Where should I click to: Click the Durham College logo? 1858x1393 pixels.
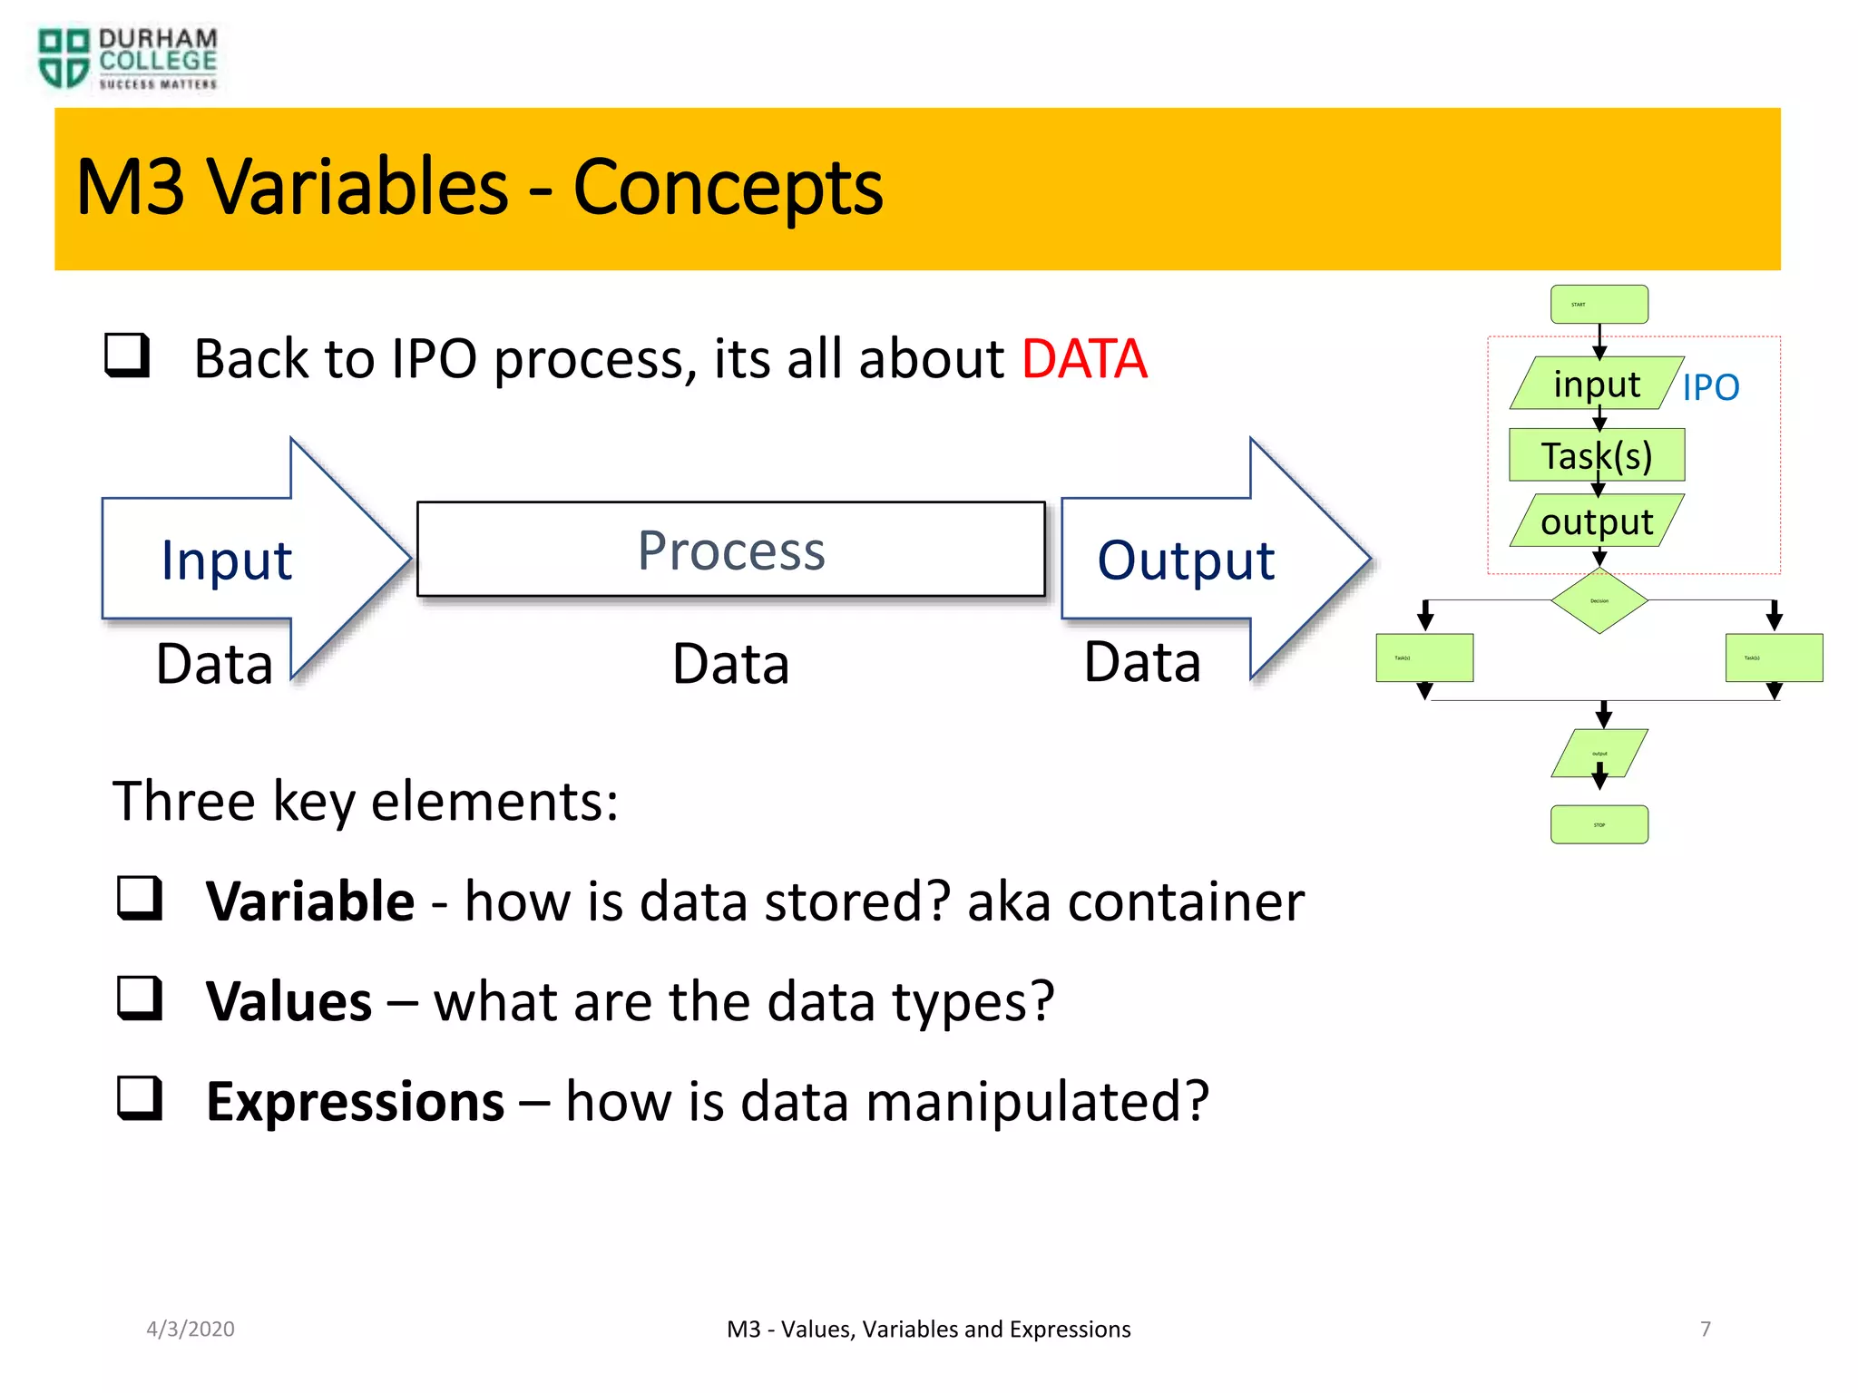click(127, 59)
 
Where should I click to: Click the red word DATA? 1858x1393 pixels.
click(1084, 358)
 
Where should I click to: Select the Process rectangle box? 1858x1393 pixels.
click(731, 550)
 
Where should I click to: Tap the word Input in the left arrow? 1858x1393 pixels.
click(226, 560)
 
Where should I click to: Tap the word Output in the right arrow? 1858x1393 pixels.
click(1186, 560)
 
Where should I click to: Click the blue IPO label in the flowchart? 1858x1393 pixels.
click(1710, 387)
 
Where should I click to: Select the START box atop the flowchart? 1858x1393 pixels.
click(1599, 305)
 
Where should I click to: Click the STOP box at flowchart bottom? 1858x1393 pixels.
click(1599, 824)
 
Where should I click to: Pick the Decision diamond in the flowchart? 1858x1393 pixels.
click(1599, 600)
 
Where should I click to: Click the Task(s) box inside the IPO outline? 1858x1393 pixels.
click(1597, 455)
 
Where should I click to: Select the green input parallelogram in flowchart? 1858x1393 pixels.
click(1597, 384)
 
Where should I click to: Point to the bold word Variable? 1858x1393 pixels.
click(310, 901)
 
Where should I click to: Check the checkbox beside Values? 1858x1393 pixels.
click(140, 998)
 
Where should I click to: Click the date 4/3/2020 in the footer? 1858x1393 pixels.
click(191, 1329)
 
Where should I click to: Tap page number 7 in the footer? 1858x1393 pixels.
click(1705, 1329)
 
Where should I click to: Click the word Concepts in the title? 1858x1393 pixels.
click(728, 188)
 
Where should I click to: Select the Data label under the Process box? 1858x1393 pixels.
click(731, 664)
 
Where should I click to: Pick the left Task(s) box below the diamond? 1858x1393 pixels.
click(1424, 658)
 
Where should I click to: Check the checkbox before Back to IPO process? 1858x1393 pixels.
click(127, 355)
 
